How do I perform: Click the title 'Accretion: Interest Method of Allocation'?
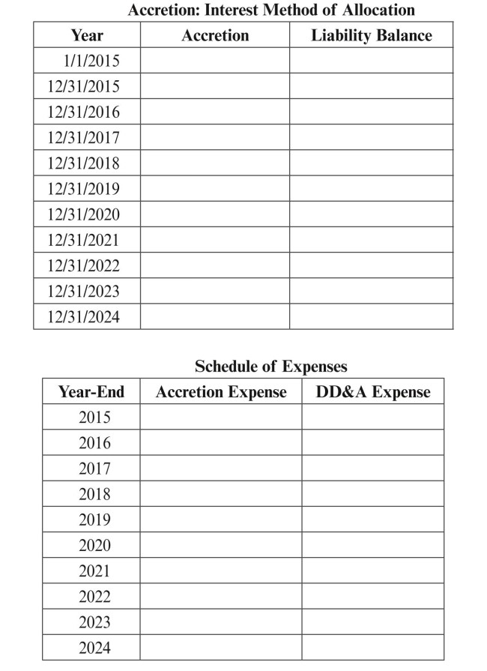pyautogui.click(x=271, y=10)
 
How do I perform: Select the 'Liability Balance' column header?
pyautogui.click(x=372, y=35)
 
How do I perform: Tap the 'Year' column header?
pyautogui.click(x=87, y=35)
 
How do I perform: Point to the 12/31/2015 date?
pyautogui.click(x=83, y=86)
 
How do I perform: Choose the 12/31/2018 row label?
pyautogui.click(x=83, y=163)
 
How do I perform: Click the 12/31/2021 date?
pyautogui.click(x=83, y=240)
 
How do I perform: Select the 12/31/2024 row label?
pyautogui.click(x=83, y=316)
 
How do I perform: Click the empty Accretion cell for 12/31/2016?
pyautogui.click(x=215, y=112)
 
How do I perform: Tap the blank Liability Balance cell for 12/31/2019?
pyautogui.click(x=372, y=189)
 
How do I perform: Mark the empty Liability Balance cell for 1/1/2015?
pyautogui.click(x=372, y=61)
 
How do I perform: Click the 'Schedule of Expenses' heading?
pyautogui.click(x=271, y=367)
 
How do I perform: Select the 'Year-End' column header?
pyautogui.click(x=91, y=392)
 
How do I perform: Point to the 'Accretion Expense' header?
pyautogui.click(x=221, y=392)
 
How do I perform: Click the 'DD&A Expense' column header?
pyautogui.click(x=373, y=392)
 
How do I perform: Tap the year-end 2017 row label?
pyautogui.click(x=94, y=469)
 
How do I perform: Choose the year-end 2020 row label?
pyautogui.click(x=94, y=546)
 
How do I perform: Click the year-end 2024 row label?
pyautogui.click(x=94, y=648)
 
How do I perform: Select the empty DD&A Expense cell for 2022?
pyautogui.click(x=373, y=597)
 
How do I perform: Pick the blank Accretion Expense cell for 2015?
pyautogui.click(x=221, y=418)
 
